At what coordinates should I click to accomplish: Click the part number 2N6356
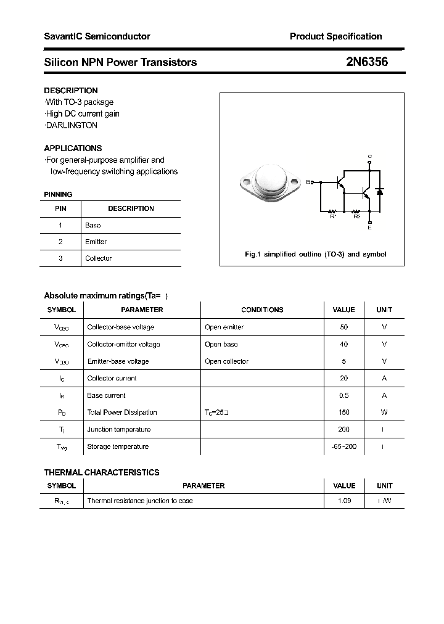(366, 62)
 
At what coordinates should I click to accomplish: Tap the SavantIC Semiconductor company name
(97, 36)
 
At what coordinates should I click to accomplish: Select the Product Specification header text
(335, 36)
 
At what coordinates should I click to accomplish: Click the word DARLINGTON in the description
(72, 125)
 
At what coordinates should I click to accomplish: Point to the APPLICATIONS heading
(73, 148)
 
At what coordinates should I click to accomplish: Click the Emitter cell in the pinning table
(96, 242)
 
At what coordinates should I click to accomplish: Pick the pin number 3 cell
(60, 258)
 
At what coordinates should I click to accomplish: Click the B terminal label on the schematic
(308, 182)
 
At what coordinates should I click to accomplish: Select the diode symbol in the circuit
(380, 192)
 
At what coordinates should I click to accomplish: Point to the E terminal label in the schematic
(369, 228)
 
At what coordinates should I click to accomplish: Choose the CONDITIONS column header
(262, 310)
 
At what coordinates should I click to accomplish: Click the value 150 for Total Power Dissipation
(343, 413)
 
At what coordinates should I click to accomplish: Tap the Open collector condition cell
(226, 361)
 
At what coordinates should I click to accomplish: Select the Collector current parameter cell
(112, 379)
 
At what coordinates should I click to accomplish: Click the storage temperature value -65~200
(343, 446)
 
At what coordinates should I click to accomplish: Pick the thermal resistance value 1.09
(344, 501)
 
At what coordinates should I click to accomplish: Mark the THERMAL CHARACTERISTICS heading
(102, 472)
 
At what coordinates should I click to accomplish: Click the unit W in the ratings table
(384, 413)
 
